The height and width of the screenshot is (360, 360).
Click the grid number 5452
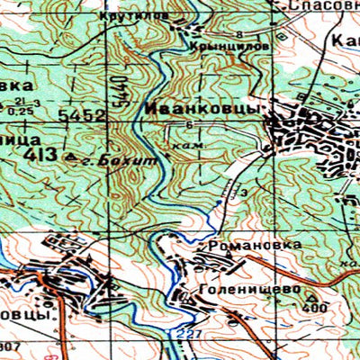tap(82, 116)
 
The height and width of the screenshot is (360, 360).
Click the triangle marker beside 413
tap(73, 157)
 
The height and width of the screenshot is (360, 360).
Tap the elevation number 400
tap(314, 308)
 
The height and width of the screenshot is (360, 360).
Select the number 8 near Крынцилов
tap(240, 34)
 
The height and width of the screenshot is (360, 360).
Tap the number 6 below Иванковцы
tap(190, 123)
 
